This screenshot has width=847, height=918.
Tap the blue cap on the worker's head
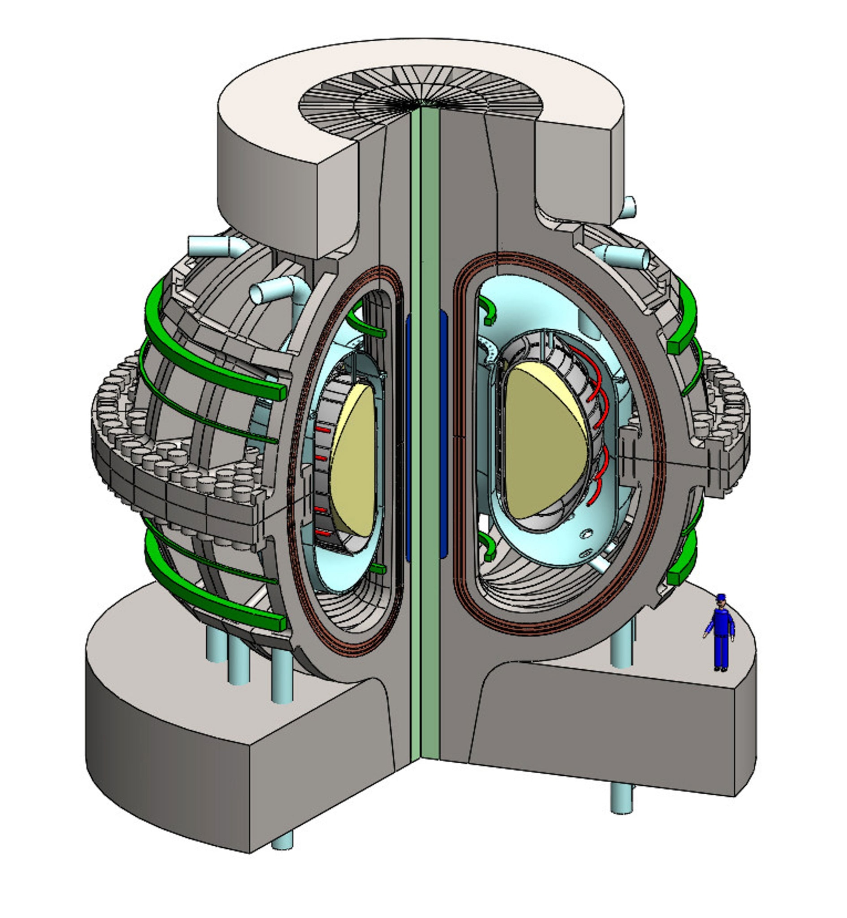[722, 597]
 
